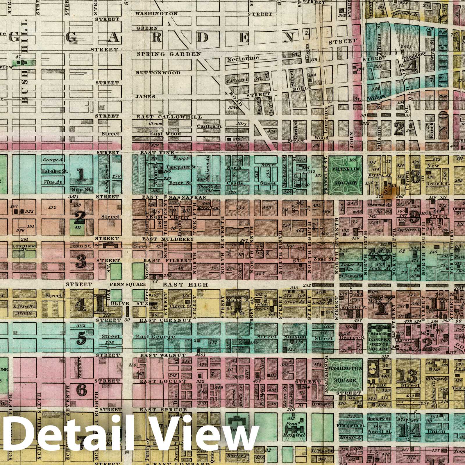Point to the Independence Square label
[378, 344]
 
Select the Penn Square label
[127, 285]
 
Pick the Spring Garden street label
[169, 54]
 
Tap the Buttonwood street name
[159, 73]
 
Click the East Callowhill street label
[169, 117]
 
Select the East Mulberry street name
[168, 239]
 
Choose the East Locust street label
[163, 381]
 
